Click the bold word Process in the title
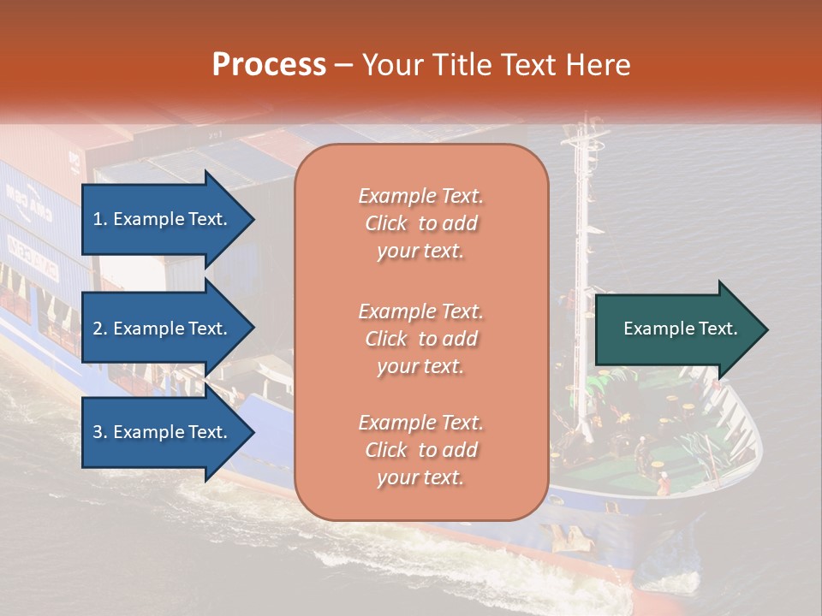(269, 65)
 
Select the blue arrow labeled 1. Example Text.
(163, 219)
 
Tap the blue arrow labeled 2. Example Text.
(163, 329)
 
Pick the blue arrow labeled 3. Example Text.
(163, 432)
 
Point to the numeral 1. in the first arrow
(100, 219)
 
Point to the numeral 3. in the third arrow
(100, 432)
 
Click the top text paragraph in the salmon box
(420, 223)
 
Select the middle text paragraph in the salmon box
(420, 339)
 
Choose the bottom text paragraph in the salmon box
(420, 450)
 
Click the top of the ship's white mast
(582, 120)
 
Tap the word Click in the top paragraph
(385, 223)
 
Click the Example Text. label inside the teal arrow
(681, 329)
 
